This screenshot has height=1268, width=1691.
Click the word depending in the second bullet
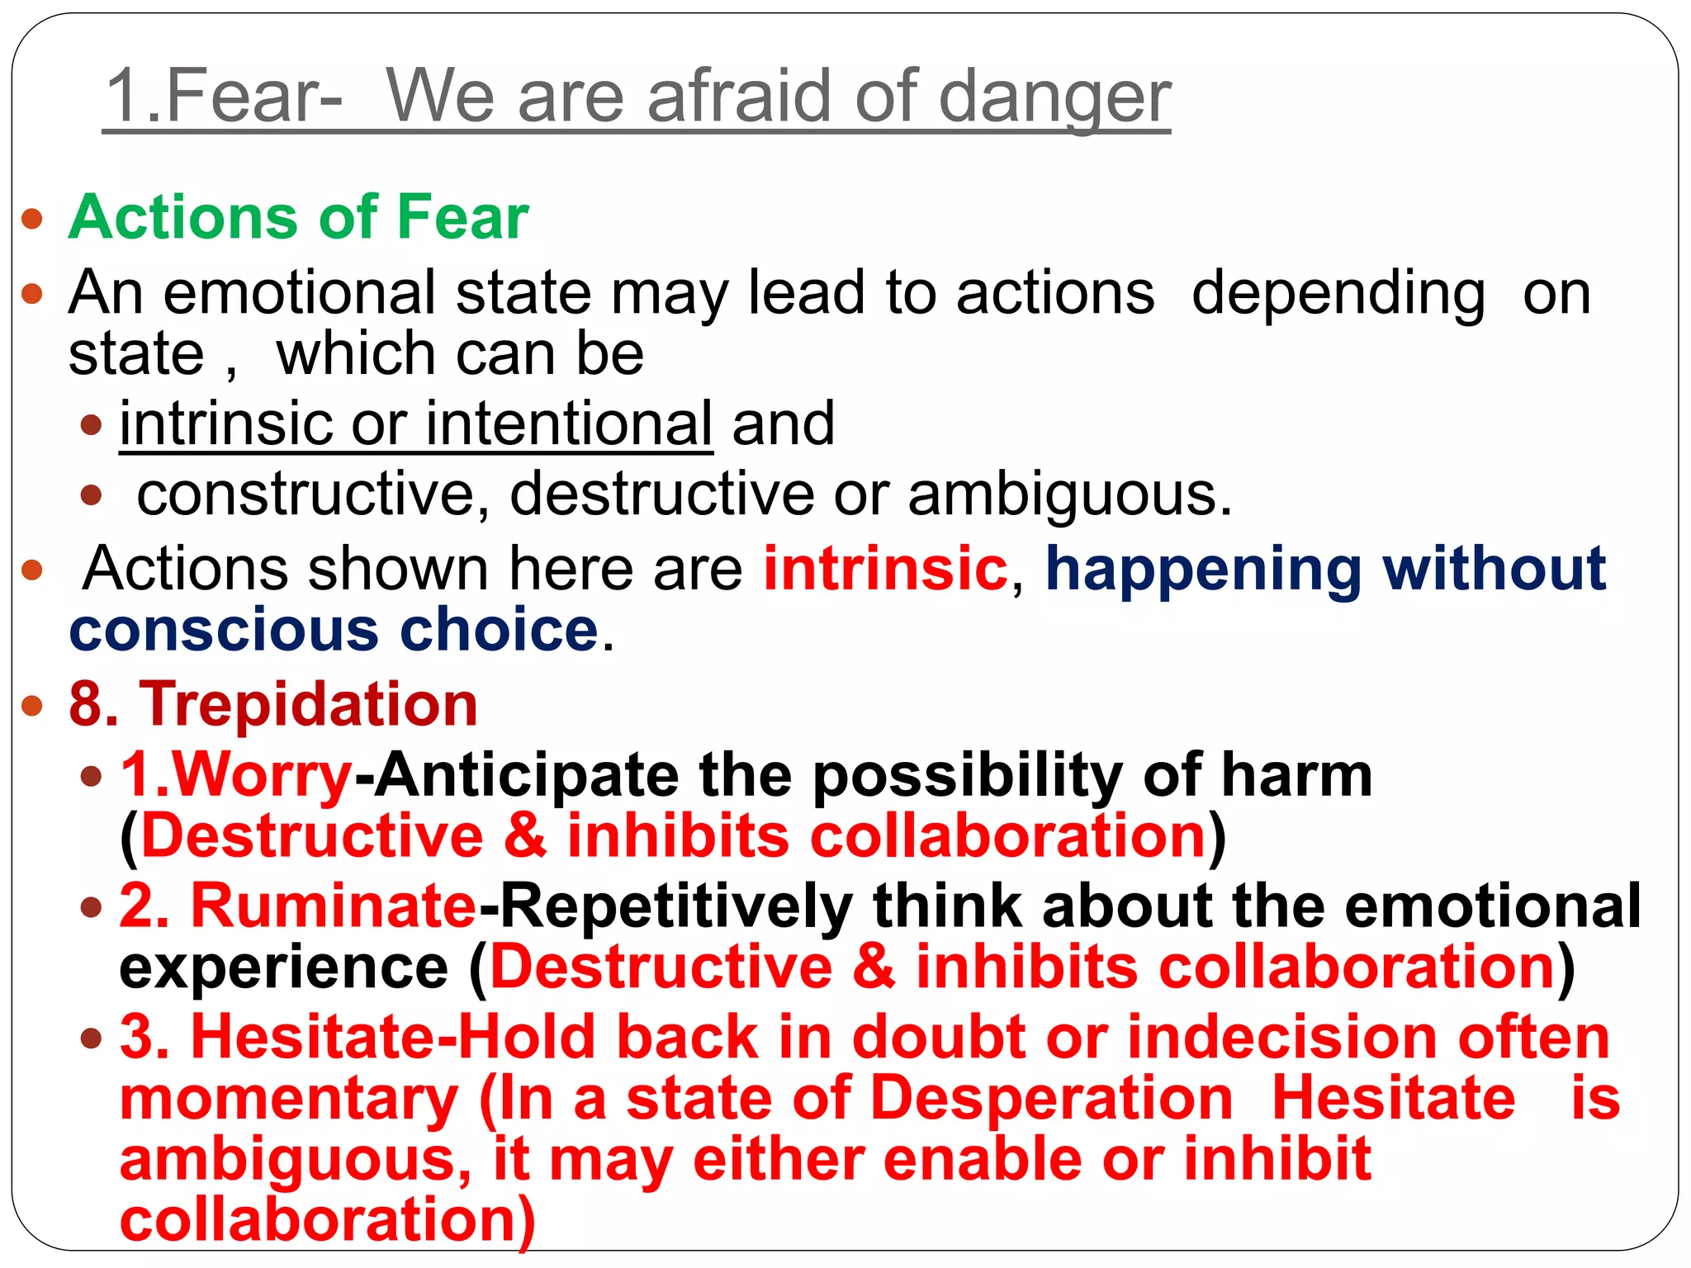[1338, 294]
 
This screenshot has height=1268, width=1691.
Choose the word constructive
[306, 494]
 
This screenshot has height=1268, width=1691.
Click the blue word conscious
[224, 630]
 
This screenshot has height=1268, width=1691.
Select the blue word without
[1494, 569]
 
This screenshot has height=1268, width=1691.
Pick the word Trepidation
[308, 704]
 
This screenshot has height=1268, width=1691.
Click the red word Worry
[262, 775]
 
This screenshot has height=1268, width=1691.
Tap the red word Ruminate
[334, 906]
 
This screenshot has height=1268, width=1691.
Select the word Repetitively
[676, 906]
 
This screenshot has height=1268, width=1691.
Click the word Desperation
[1051, 1098]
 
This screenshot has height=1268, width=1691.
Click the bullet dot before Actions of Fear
[32, 219]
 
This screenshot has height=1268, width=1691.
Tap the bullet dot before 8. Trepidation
[32, 706]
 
